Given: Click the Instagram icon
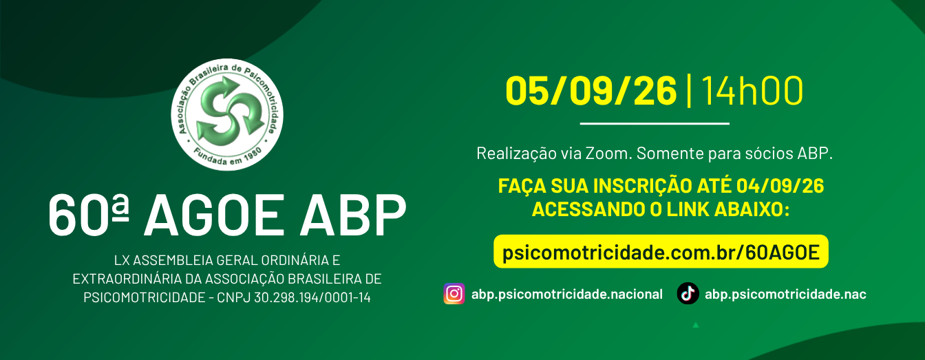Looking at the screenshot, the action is (x=454, y=293).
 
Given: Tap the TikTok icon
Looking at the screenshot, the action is (x=688, y=293).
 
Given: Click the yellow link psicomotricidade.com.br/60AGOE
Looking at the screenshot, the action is (x=661, y=252).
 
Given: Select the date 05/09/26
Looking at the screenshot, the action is (x=591, y=91).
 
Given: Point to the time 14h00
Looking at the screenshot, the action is (x=752, y=91).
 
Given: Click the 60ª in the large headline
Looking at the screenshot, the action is (x=88, y=215).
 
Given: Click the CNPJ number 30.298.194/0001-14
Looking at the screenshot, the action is (x=312, y=297).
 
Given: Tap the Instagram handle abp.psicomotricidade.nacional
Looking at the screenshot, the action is (x=567, y=295).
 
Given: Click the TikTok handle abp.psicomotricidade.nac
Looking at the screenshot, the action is (x=785, y=295).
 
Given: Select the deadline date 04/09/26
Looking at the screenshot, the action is (x=780, y=186).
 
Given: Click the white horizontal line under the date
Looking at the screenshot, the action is (x=655, y=123).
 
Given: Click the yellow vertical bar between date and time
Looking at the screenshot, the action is (x=689, y=91).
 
